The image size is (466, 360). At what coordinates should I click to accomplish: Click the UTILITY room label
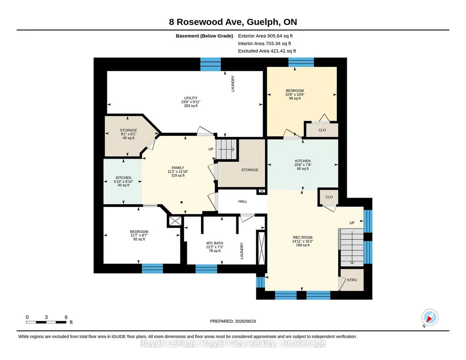(191, 98)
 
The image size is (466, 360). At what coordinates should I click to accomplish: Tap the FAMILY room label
(178, 168)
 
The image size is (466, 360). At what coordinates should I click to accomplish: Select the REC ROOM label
(302, 237)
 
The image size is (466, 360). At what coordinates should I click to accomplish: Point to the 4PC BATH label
(215, 243)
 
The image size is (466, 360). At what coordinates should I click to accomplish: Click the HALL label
(243, 201)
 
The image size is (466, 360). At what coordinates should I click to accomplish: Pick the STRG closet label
(352, 280)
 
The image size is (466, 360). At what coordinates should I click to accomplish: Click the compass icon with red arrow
(430, 318)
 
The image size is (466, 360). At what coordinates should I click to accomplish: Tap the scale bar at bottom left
(46, 322)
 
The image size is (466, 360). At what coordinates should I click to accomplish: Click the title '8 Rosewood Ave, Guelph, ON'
(233, 22)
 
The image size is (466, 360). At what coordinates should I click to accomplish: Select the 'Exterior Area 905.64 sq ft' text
(266, 36)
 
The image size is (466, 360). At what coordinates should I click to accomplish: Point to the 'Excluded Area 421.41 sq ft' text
(267, 51)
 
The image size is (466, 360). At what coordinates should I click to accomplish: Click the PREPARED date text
(233, 321)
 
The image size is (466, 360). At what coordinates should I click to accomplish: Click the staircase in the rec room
(351, 247)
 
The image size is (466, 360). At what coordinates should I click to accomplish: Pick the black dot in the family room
(181, 202)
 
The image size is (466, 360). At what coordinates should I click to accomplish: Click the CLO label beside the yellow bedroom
(322, 130)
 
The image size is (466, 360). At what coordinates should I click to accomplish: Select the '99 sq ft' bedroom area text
(295, 98)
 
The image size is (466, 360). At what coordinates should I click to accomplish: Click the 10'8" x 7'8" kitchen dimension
(303, 165)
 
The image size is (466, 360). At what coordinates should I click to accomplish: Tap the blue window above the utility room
(210, 64)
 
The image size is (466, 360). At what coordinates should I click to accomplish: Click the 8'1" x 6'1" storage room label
(128, 134)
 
